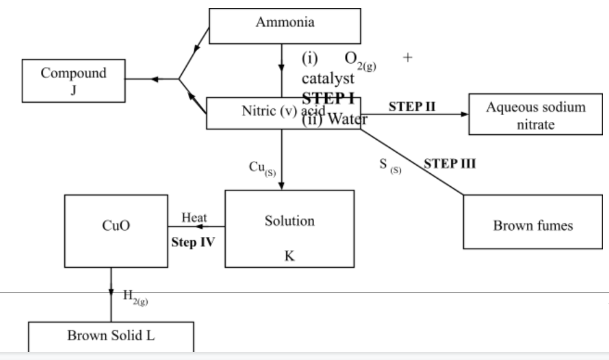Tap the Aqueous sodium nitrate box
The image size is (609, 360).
(535, 114)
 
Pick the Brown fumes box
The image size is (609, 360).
(532, 226)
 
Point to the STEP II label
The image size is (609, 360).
(412, 106)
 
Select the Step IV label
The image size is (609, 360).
(192, 241)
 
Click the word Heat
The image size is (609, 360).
(194, 218)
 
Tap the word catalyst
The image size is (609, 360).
(328, 79)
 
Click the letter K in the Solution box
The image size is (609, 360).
(289, 258)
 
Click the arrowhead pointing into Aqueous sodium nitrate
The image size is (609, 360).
(464, 114)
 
